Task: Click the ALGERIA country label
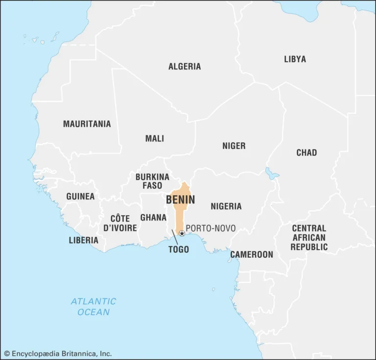point(185,67)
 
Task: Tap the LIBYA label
point(295,59)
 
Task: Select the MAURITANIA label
point(87,124)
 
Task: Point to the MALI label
point(155,139)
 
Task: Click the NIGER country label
point(234,146)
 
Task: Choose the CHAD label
point(306,153)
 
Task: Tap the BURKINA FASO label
point(152,181)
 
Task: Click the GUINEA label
point(80,197)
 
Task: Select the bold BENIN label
point(180,200)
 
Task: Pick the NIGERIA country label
point(226,206)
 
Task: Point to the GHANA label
point(153,217)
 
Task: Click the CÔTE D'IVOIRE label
point(120,223)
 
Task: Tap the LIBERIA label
point(83,240)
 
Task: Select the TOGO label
point(178,249)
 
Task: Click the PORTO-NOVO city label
point(211,228)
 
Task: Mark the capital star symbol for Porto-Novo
point(182,233)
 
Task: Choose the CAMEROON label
point(252,254)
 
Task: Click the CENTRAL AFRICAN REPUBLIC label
point(309,238)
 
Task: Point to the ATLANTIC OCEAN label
point(94,307)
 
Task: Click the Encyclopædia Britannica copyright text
point(58,353)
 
